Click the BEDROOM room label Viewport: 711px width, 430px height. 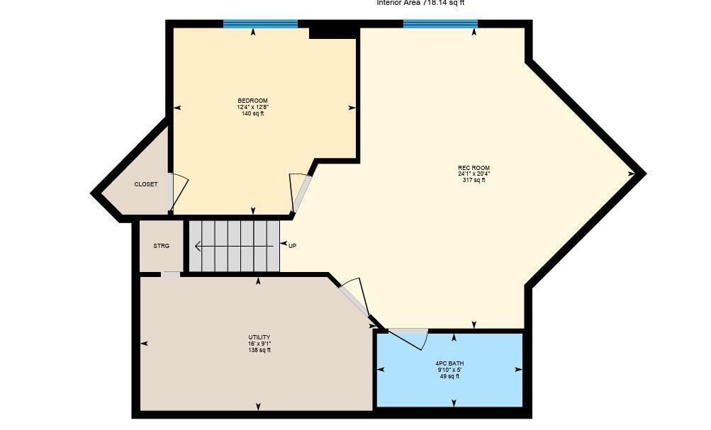(252, 101)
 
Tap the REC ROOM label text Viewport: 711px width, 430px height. (474, 168)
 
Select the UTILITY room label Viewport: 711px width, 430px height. (259, 337)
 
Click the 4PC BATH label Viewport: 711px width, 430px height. (449, 363)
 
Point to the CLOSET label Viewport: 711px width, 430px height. (146, 184)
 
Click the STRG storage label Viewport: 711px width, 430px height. (162, 246)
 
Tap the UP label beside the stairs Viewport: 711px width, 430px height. (292, 246)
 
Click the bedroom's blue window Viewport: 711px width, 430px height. (260, 24)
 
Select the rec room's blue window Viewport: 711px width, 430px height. (440, 24)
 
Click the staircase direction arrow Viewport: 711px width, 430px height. (234, 247)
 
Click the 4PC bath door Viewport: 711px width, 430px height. (409, 336)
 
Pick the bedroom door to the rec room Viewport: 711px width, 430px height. (301, 192)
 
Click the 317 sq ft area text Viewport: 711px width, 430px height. (474, 181)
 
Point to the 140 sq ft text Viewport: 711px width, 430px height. (252, 113)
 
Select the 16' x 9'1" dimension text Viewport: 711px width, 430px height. (259, 344)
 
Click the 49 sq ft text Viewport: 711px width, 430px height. (449, 376)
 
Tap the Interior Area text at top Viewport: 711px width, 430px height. (420, 3)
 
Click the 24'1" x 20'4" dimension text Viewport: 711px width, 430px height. (474, 174)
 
